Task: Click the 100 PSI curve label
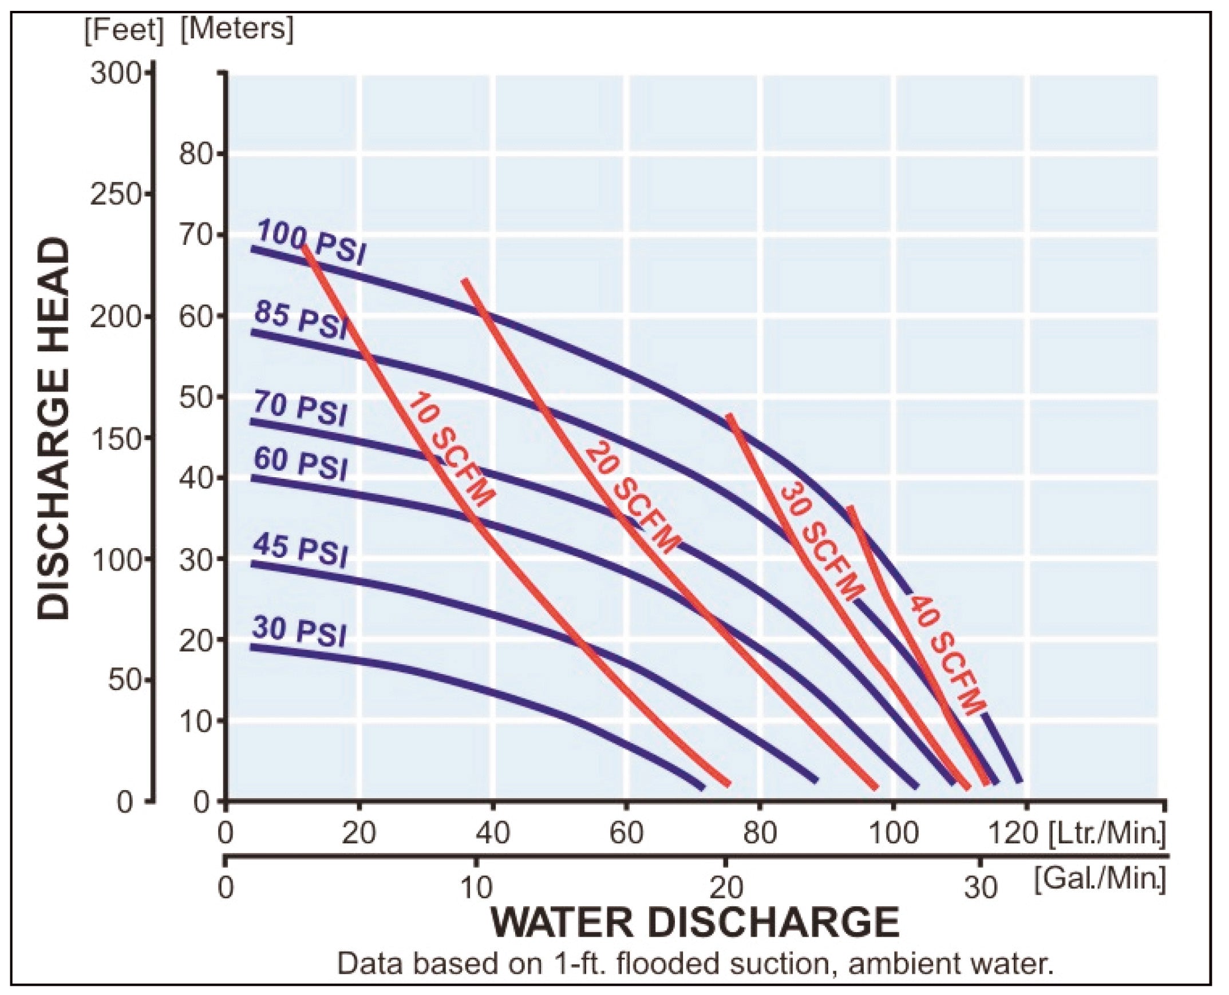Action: [x=310, y=243]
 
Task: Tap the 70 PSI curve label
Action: [x=301, y=409]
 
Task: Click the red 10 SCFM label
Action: [x=450, y=449]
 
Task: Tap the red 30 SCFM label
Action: [x=821, y=542]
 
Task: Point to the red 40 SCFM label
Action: [x=946, y=655]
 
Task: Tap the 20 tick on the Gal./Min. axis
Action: [x=726, y=888]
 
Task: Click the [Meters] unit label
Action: [x=236, y=29]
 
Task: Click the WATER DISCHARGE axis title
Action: [x=694, y=922]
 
